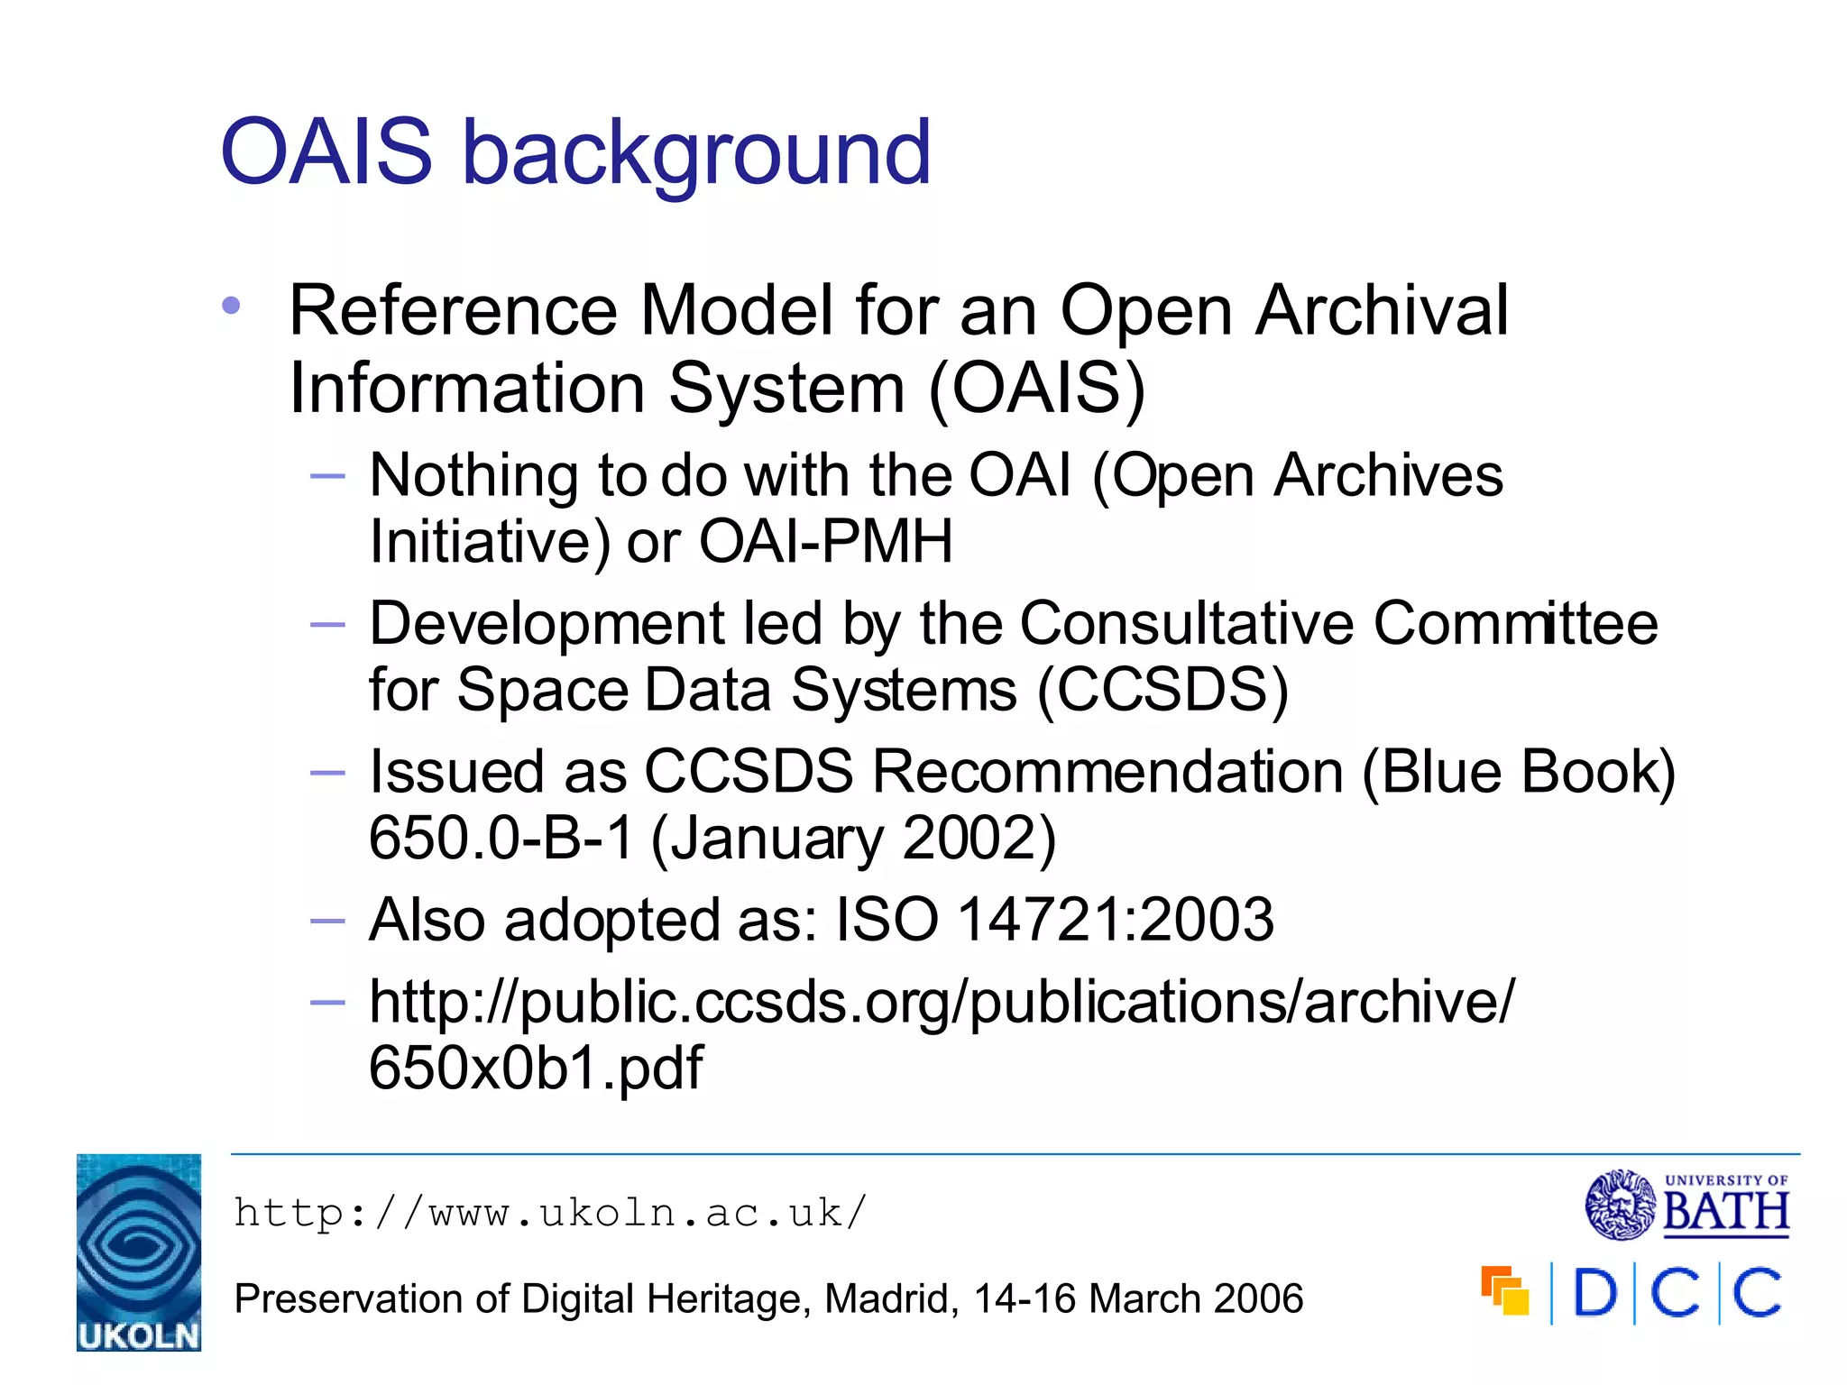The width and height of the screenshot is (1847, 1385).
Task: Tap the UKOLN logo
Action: [x=139, y=1252]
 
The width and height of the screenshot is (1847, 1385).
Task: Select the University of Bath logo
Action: [x=1686, y=1205]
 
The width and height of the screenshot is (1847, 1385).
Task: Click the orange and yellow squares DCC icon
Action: [x=1504, y=1290]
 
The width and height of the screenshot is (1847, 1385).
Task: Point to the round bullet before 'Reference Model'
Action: [x=231, y=306]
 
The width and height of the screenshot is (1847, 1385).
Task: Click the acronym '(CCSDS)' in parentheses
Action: [x=1162, y=691]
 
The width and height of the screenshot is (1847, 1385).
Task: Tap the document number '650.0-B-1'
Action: [x=501, y=839]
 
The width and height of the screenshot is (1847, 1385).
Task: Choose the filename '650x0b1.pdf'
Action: [x=536, y=1068]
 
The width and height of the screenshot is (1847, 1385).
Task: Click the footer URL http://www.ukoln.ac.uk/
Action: [x=550, y=1213]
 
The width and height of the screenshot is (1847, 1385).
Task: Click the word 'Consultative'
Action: [x=1187, y=623]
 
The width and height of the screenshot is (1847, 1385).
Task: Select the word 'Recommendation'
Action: [x=1107, y=772]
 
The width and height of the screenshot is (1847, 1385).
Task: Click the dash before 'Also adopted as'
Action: [x=327, y=921]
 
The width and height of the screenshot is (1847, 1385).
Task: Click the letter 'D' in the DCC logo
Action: [x=1594, y=1293]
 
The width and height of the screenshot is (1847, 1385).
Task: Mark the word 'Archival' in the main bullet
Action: [x=1382, y=310]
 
